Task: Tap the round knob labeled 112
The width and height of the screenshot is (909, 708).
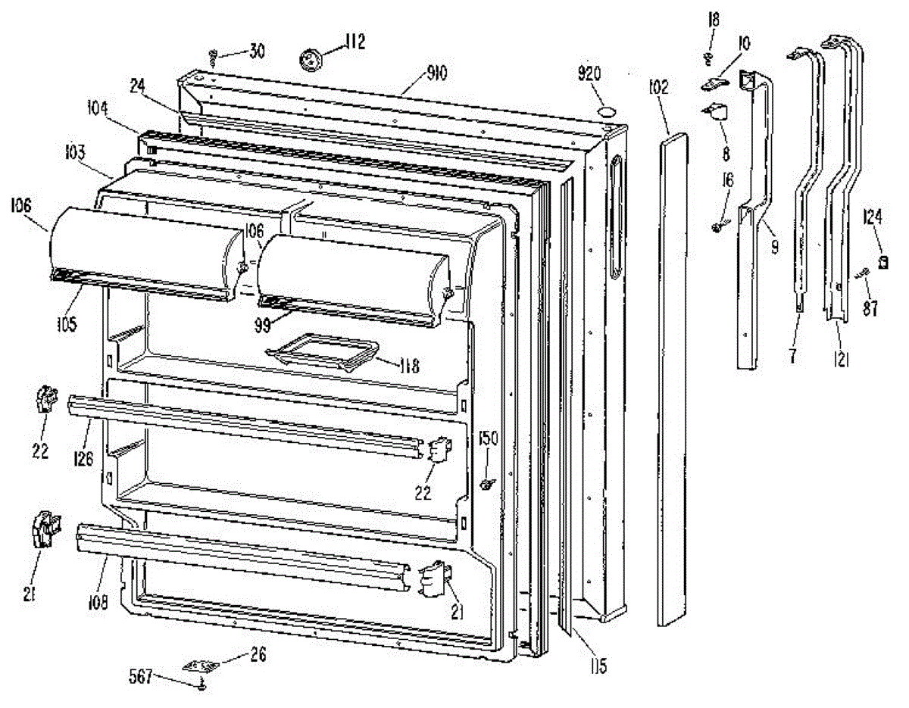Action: point(311,58)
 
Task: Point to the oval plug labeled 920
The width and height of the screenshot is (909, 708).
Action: point(607,112)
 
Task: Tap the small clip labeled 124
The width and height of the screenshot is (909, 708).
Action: point(882,262)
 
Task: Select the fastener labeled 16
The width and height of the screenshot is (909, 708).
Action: point(717,226)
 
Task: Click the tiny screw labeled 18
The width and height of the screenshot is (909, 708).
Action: point(711,58)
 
